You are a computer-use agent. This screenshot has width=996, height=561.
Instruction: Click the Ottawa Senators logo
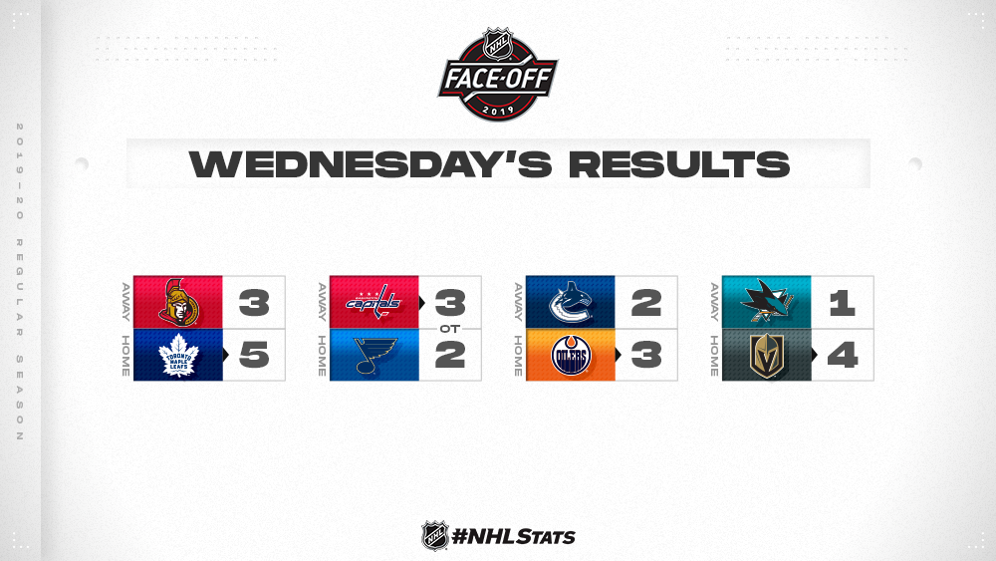point(178,302)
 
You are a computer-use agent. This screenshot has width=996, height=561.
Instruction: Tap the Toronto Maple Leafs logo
point(178,355)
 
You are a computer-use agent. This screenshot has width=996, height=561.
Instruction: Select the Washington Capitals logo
point(373,302)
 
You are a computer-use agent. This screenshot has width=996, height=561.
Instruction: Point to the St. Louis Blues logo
point(375,355)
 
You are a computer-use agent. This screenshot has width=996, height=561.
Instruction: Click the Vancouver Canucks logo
point(571,302)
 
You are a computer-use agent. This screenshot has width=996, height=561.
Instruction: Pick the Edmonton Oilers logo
point(571,356)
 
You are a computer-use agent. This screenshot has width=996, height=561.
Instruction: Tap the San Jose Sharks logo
point(767,302)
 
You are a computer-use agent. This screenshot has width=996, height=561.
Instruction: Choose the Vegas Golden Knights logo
point(767,355)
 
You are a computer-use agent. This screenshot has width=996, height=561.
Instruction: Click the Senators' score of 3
point(254,302)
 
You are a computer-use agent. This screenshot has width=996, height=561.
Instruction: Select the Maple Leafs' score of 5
point(254,355)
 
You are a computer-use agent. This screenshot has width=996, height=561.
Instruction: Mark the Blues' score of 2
point(450,355)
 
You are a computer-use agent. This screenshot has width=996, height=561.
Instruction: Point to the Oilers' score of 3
point(646,355)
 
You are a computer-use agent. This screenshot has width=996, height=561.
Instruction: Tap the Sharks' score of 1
point(843,302)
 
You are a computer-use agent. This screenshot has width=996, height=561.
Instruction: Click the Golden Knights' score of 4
point(843,355)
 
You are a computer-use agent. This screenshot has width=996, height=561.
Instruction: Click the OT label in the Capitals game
point(450,329)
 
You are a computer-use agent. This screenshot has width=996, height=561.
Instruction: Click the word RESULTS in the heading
point(679,164)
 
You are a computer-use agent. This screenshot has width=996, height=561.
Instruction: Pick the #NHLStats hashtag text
point(513,537)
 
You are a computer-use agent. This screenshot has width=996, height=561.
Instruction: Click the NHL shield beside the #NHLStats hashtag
point(435,536)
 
